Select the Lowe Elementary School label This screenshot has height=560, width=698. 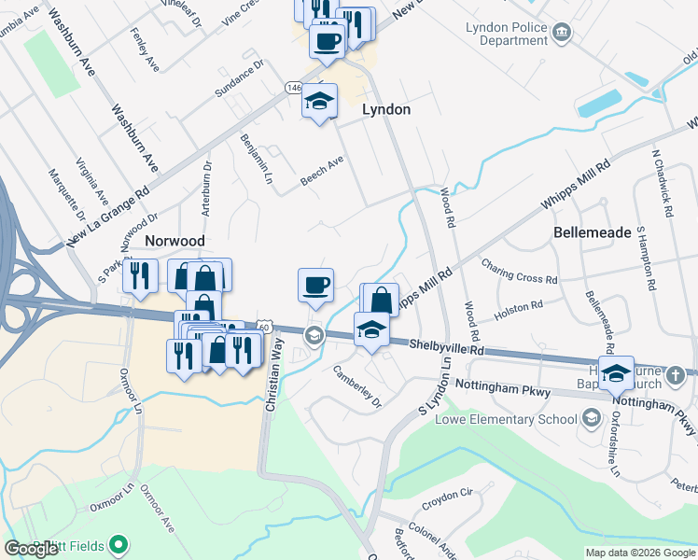point(507,419)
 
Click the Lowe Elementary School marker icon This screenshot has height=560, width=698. point(591,419)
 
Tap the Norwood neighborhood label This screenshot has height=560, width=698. point(174,241)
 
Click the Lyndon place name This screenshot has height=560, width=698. point(385,109)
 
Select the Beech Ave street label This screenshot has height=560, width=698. point(322,170)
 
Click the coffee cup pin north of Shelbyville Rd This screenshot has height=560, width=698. point(316,284)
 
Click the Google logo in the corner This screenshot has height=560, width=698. point(31,549)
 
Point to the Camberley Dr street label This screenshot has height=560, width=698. point(358,385)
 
